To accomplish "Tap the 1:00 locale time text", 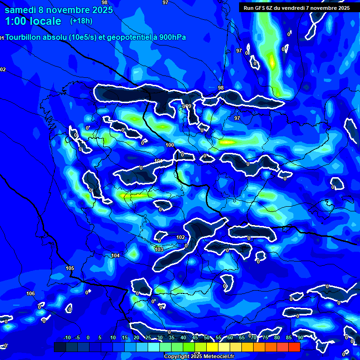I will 33,21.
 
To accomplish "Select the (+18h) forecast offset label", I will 81,21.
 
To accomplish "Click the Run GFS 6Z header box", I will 296,8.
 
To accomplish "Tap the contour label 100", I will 170,145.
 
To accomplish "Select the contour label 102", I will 180,238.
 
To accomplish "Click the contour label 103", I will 159,249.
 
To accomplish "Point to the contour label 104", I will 115,255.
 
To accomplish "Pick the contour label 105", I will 70,269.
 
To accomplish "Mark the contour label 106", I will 30,294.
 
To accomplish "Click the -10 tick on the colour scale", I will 67,337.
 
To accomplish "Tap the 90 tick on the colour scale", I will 300,337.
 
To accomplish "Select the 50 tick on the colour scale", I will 207,337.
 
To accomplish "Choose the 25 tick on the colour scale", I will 148,337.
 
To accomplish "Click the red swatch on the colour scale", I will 294,347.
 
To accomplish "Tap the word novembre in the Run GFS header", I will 321,8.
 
